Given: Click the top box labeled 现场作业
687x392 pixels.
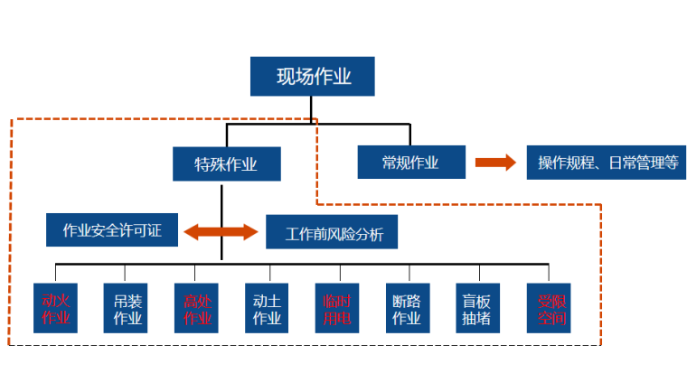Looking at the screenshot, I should (313, 76).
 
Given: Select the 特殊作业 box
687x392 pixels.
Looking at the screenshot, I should (226, 164).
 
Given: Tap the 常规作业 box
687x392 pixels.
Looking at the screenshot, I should (410, 163).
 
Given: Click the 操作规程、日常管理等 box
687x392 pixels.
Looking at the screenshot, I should (606, 163).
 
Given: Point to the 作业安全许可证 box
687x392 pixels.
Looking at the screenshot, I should (112, 230).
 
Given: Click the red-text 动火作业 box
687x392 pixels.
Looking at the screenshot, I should (55, 308).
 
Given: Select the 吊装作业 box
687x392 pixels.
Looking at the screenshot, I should (127, 308).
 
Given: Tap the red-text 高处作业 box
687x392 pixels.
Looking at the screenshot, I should (196, 308).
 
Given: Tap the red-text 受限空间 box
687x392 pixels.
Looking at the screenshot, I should (550, 308).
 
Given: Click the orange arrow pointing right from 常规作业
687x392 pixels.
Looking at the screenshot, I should (495, 163).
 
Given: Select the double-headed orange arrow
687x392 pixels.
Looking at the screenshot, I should (221, 232).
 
